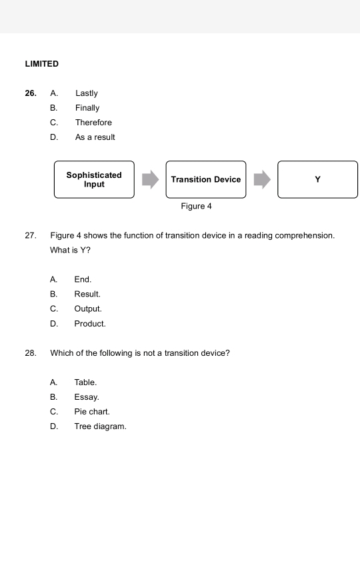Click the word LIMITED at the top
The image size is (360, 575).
[x=41, y=64]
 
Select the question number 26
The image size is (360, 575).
[x=31, y=93]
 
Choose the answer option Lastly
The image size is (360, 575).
[x=87, y=93]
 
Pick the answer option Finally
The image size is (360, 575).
[x=87, y=108]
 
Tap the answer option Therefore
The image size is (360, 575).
[x=93, y=123]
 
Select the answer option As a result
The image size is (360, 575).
[x=95, y=137]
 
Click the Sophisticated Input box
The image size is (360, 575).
[x=94, y=179]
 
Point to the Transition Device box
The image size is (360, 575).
[x=206, y=179]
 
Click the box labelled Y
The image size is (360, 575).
[x=317, y=179]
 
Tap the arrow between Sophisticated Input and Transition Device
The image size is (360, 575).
[x=151, y=179]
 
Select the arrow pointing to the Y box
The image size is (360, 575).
[x=263, y=179]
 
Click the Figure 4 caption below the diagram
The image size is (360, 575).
[x=196, y=207]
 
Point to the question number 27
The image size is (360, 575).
[x=31, y=236]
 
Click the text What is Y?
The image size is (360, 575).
[x=70, y=251]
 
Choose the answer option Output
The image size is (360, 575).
[x=88, y=309]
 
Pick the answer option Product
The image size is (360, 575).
[x=90, y=324]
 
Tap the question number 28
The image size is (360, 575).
[x=31, y=353]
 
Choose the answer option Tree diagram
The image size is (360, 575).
[x=100, y=426]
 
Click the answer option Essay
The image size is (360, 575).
[x=87, y=397]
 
